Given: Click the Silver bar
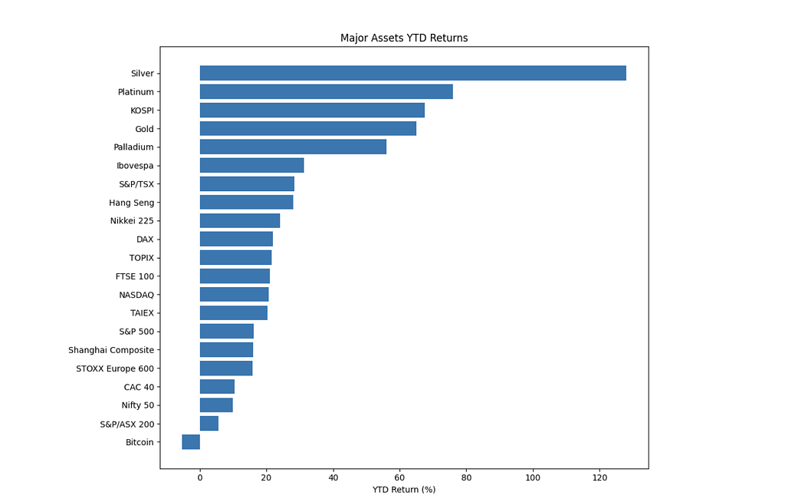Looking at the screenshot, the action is click(x=413, y=73).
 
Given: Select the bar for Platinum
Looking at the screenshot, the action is click(x=327, y=92).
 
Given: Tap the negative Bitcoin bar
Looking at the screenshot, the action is click(x=191, y=442).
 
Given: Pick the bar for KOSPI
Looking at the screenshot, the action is click(x=313, y=111).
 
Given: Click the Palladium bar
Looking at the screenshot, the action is click(x=294, y=147).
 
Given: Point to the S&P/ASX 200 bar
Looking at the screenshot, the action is click(x=209, y=424).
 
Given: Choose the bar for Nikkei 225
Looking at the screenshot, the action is click(x=240, y=220).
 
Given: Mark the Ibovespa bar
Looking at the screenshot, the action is click(x=251, y=166).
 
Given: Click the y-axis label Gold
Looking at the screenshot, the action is click(x=144, y=129).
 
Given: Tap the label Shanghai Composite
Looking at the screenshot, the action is click(x=111, y=350).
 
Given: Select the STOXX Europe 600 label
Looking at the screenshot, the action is click(x=115, y=368).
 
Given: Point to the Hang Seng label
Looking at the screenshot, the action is click(x=132, y=203).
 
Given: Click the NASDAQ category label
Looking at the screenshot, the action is click(x=136, y=295).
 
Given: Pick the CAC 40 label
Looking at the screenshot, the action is click(x=140, y=387).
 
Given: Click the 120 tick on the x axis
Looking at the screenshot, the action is click(x=599, y=478).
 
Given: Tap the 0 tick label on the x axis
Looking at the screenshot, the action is click(x=200, y=478).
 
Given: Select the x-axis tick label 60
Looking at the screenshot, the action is click(x=399, y=478).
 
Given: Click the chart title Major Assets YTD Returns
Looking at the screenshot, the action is click(x=404, y=38).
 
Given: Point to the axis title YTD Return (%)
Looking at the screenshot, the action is click(x=404, y=490).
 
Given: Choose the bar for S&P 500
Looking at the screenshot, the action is click(x=227, y=332).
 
